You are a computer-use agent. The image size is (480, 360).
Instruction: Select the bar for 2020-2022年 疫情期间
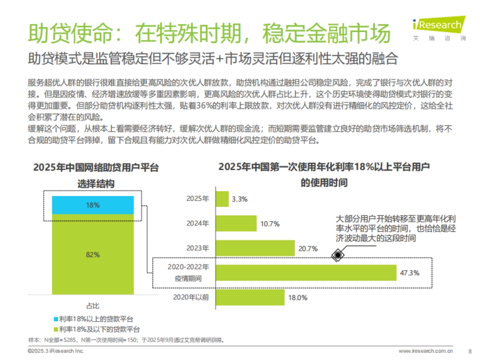(306, 273)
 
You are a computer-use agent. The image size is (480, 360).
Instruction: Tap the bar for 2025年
(222, 199)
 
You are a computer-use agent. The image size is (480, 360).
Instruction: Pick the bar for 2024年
(236, 224)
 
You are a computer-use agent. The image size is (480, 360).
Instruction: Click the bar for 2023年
(255, 248)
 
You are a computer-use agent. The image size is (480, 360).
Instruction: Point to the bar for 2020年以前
(250, 297)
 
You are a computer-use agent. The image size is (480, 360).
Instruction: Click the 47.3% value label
(410, 273)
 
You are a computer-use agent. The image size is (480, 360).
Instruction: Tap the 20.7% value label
(308, 249)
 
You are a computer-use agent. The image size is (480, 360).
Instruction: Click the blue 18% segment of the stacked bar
(93, 205)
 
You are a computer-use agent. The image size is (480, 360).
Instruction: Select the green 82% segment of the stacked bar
(93, 255)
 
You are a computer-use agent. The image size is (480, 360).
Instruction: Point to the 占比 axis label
(93, 306)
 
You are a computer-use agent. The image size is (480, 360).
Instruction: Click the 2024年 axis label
(198, 224)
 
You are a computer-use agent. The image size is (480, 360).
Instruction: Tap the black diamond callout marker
(338, 254)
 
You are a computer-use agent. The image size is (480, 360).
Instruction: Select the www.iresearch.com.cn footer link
(426, 351)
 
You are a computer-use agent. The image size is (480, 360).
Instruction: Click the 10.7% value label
(270, 224)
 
